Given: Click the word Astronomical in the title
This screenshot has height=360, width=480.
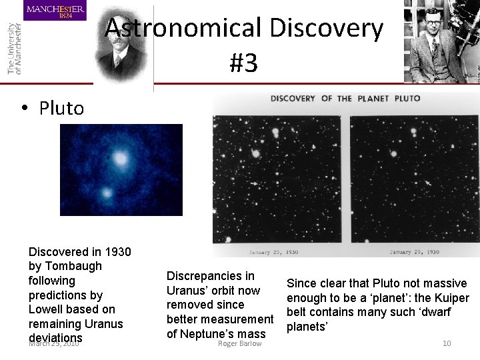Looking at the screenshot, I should click(183, 29).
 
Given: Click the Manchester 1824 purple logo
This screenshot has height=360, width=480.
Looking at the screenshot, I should click(55, 11).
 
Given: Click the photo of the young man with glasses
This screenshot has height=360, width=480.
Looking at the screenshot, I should click(432, 41).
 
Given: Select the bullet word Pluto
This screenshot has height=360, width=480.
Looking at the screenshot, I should click(61, 108).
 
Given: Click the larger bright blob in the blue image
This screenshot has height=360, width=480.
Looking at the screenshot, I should click(121, 159).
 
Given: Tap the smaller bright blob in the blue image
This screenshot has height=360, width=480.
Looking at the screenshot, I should click(106, 194).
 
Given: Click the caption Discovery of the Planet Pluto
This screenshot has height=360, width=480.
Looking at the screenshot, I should click(345, 99).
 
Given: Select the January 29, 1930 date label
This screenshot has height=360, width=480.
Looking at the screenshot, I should click(414, 253).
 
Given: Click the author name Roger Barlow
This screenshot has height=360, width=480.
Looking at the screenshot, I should click(240, 343).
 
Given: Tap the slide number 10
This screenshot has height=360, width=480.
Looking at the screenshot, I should click(447, 343).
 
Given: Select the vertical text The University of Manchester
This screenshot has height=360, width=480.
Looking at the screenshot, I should click(14, 47).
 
